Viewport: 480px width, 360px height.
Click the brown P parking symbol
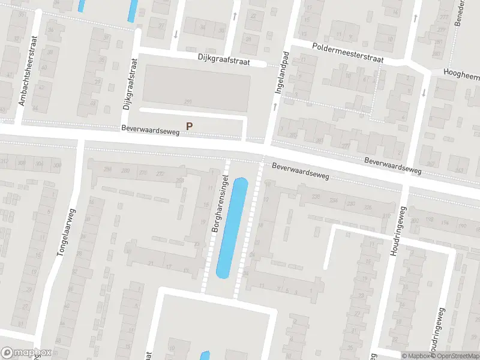pyautogui.click(x=190, y=126)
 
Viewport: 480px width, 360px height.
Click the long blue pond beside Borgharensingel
pyautogui.click(x=232, y=228)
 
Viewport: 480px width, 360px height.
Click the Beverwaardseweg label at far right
pyautogui.click(x=394, y=166)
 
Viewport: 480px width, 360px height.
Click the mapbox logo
pyautogui.click(x=26, y=353)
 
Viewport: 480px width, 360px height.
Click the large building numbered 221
pyautogui.click(x=197, y=88)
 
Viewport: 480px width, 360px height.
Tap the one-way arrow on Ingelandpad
pyautogui.click(x=274, y=106)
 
